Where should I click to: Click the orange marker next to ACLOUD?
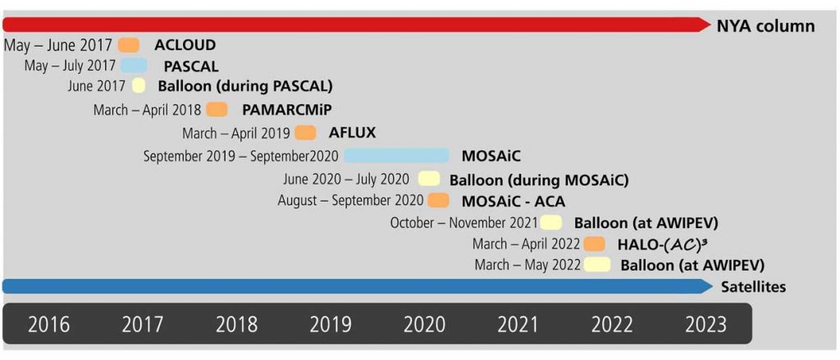129,45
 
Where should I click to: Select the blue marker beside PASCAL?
134,66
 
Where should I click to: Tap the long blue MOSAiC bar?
396,155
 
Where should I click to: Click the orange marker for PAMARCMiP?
217,110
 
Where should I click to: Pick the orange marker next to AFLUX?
305,133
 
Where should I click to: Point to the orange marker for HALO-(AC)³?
595,244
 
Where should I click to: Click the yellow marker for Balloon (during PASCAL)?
139,86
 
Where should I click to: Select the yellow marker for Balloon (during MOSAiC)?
428,179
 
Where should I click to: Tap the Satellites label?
753,287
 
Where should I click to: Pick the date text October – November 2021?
463,222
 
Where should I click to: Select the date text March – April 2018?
147,110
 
